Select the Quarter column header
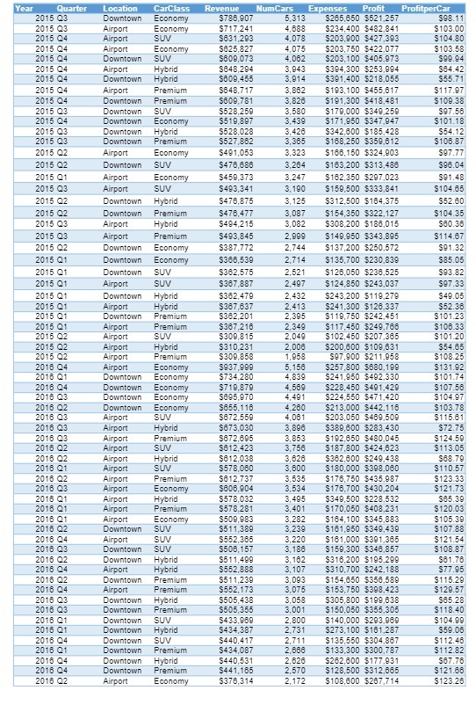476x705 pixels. coord(70,7)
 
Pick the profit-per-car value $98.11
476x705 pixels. coord(451,18)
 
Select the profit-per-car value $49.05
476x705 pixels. coord(451,296)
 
